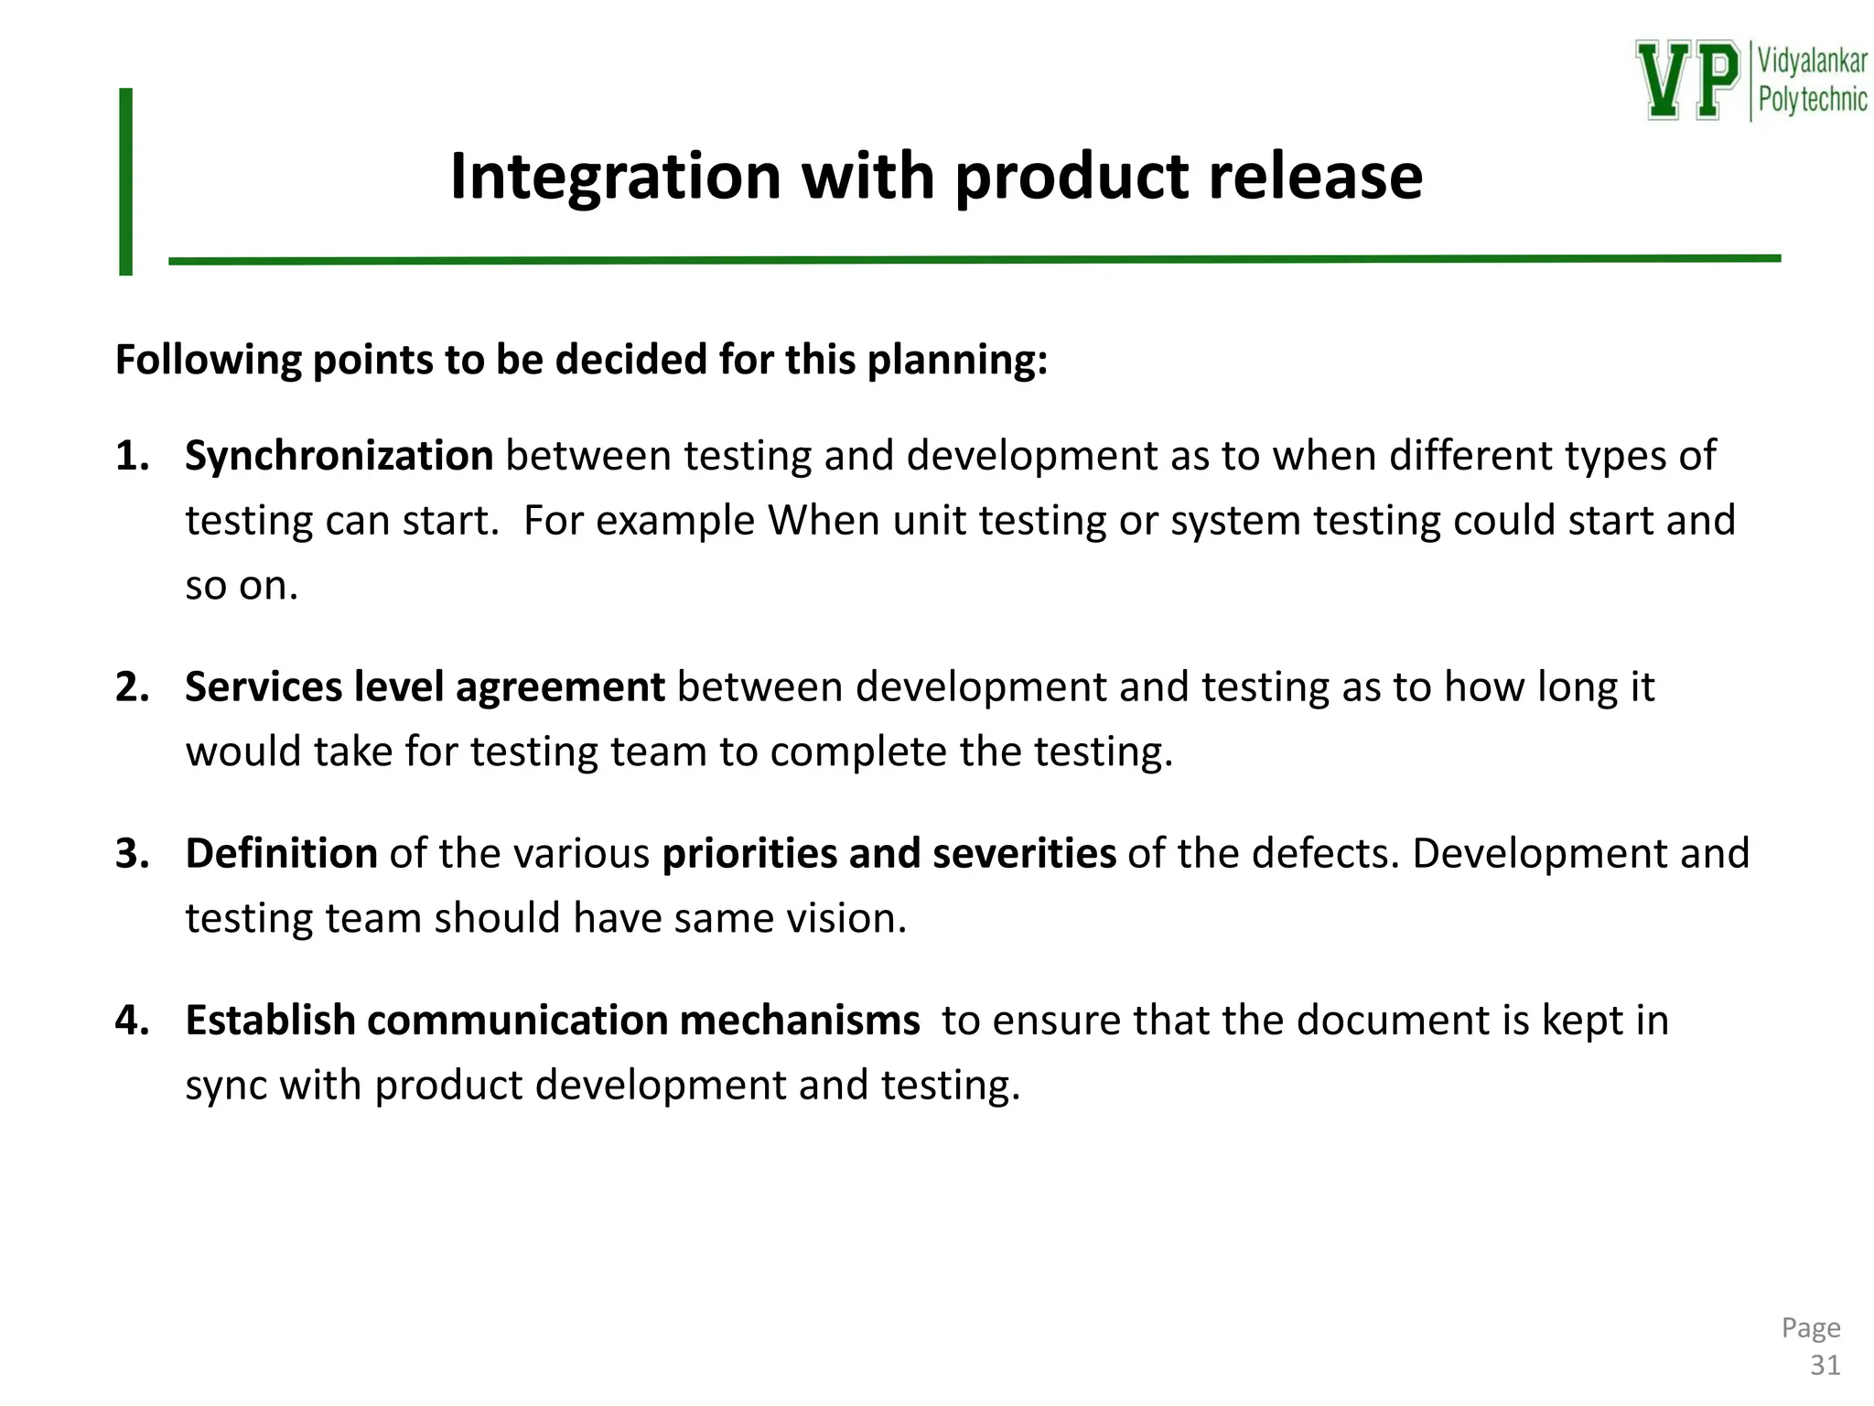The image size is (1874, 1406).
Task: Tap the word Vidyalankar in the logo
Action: point(1812,61)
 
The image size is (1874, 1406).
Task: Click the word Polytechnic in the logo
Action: point(1812,99)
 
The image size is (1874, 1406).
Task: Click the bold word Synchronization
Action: point(339,456)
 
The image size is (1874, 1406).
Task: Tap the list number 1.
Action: point(132,456)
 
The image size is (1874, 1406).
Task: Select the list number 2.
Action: point(132,687)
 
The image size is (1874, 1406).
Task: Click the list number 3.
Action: point(132,853)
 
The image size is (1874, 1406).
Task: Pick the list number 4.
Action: point(132,1020)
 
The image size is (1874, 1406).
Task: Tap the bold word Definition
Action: point(281,853)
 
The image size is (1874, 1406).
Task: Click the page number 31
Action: point(1825,1365)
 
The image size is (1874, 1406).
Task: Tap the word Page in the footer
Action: point(1810,1327)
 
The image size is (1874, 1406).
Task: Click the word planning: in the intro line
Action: point(956,361)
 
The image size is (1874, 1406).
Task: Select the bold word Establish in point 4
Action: point(270,1020)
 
